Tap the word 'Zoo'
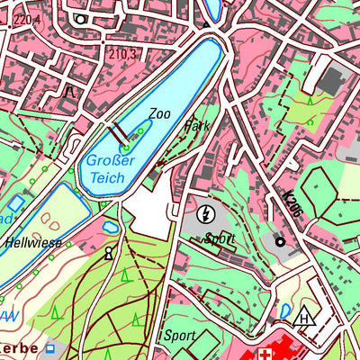159,114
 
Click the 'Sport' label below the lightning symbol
219,238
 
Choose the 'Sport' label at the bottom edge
179,335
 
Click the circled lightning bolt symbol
206,214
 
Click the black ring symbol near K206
279,241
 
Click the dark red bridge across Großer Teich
117,134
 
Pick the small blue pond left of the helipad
285,310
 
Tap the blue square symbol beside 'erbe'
50,347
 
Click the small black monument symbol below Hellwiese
109,254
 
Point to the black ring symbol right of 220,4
81,17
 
